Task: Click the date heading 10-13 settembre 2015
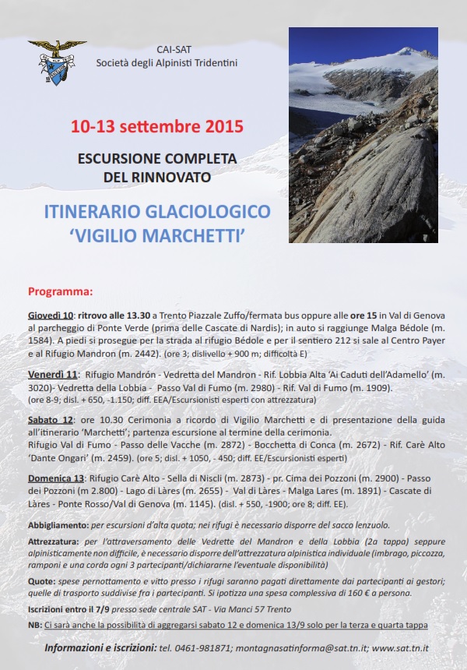pyautogui.click(x=156, y=125)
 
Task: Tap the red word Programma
pyautogui.click(x=60, y=292)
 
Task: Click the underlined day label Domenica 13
pyautogui.click(x=57, y=478)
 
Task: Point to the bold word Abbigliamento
pyautogui.click(x=58, y=526)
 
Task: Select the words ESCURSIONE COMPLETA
pyautogui.click(x=156, y=158)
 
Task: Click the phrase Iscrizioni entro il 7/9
pyautogui.click(x=72, y=610)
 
